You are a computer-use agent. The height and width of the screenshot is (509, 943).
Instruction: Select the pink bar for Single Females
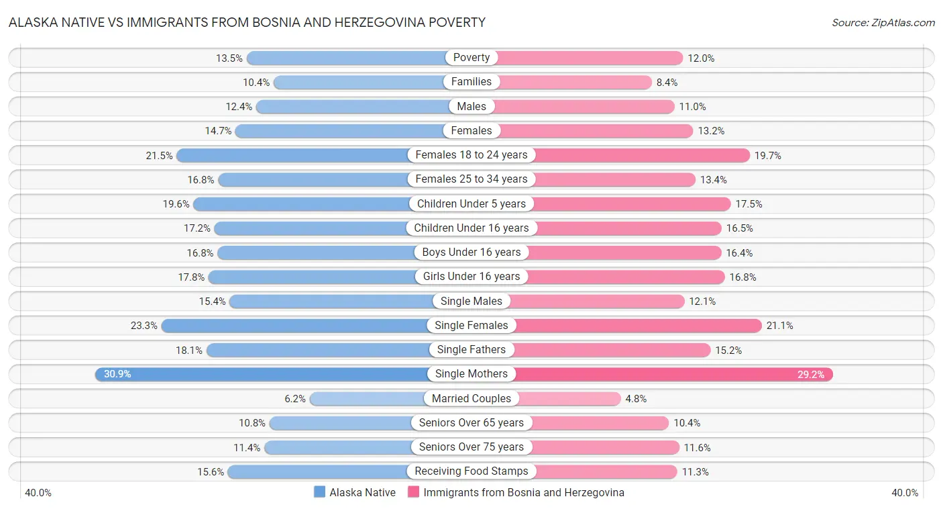tap(637, 326)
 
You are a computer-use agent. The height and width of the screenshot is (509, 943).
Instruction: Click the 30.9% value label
tap(117, 374)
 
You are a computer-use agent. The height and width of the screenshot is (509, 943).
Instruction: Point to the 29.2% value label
tap(810, 374)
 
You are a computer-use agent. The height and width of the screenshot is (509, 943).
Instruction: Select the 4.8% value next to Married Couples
tap(636, 398)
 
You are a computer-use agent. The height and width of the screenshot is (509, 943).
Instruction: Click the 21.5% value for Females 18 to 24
tap(160, 155)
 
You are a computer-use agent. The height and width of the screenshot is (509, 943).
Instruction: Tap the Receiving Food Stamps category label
tap(472, 471)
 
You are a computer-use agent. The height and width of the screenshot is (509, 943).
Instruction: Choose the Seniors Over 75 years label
tap(472, 447)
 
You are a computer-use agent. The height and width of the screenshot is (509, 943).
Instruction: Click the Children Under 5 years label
tap(472, 203)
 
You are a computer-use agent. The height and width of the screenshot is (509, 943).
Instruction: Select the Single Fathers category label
tap(472, 349)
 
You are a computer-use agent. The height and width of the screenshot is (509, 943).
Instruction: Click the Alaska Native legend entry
tap(355, 492)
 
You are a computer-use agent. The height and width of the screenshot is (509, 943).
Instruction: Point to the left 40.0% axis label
tap(38, 492)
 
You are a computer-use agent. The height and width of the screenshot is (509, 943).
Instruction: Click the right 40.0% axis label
tap(905, 492)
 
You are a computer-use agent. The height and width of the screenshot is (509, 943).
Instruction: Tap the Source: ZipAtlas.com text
tap(883, 23)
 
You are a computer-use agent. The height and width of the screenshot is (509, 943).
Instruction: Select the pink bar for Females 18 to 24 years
tap(637, 155)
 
